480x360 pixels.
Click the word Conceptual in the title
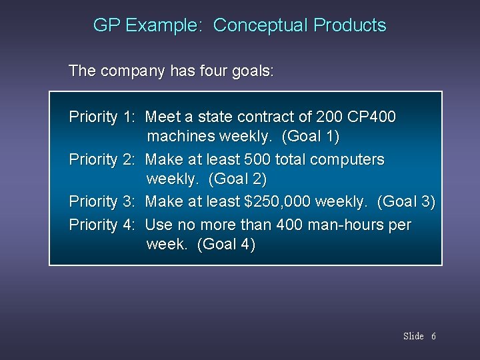[x=260, y=26]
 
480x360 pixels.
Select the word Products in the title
[x=349, y=26]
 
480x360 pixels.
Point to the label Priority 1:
[x=103, y=117]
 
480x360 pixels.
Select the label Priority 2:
[x=103, y=160]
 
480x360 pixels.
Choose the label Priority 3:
[x=103, y=202]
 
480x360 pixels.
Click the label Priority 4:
[x=103, y=225]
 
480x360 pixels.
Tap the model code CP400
[x=372, y=117]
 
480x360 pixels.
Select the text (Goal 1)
[x=311, y=138]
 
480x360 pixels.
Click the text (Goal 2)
[x=238, y=180]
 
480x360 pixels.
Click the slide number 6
[x=433, y=336]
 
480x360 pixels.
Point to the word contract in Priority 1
[x=264, y=117]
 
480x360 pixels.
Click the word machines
[x=177, y=138]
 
